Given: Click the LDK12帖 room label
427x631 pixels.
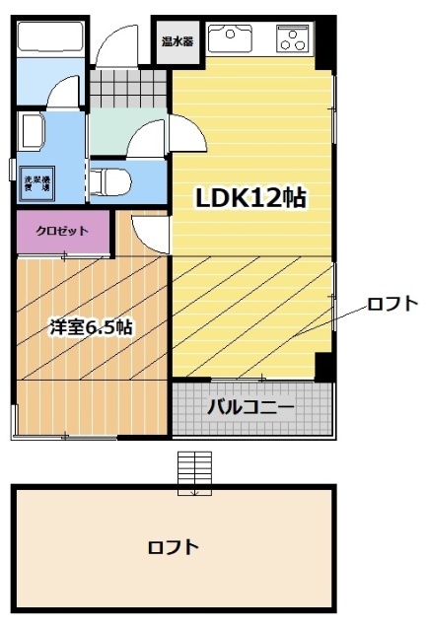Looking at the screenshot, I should (249, 198).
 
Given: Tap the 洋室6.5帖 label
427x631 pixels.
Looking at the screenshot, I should (92, 327).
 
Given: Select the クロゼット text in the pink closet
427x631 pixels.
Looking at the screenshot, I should (61, 232).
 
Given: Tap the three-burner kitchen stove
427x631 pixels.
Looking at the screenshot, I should (294, 39).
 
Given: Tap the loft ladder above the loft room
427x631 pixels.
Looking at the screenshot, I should (194, 472).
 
